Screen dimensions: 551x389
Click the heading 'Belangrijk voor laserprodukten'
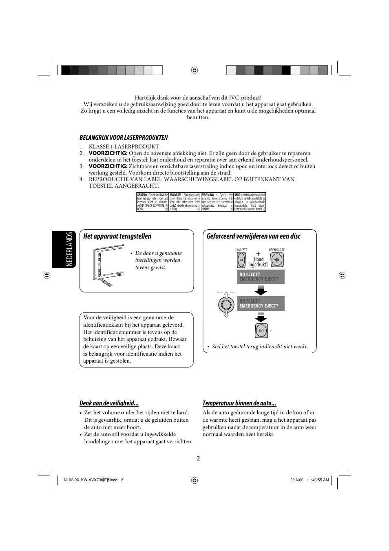[124, 137]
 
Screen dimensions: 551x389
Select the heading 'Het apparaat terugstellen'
[117, 236]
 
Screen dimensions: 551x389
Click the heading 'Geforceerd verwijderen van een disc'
[253, 236]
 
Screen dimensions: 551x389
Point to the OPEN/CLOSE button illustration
[277, 259]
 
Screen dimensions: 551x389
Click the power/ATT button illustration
[241, 259]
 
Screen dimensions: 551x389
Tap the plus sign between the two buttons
[258, 254]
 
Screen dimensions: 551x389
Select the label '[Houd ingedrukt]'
[258, 262]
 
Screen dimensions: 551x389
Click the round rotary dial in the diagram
[225, 304]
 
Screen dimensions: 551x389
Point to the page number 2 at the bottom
[198, 458]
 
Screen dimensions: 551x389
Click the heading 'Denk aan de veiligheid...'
[109, 403]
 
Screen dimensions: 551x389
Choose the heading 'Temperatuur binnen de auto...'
[239, 403]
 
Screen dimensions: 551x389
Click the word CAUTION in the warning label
[142, 195]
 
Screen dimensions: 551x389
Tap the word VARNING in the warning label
[208, 195]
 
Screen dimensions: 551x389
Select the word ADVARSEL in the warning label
[176, 195]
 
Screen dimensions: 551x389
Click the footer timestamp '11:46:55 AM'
[317, 480]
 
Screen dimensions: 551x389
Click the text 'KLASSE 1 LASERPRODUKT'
[124, 147]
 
